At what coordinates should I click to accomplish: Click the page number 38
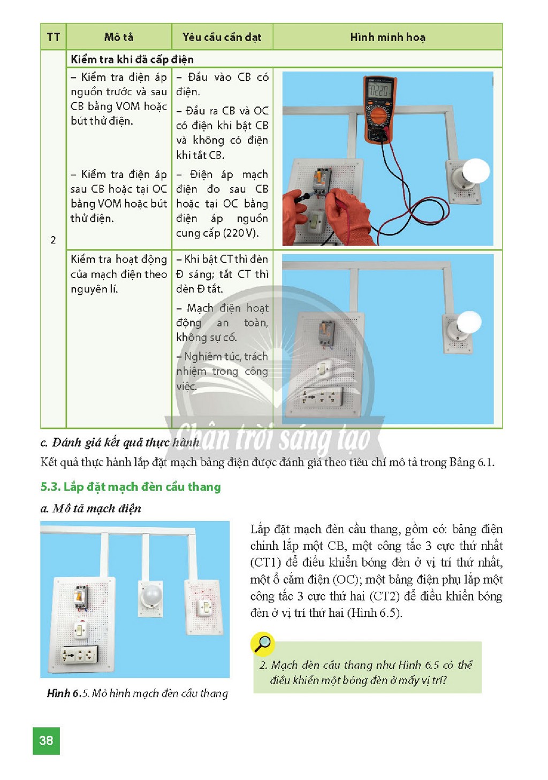click(46, 740)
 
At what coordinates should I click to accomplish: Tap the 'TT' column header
click(54, 37)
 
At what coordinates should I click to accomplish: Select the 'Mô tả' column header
click(119, 37)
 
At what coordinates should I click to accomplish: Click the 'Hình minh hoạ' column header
click(387, 37)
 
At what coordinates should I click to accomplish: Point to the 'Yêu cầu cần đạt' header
click(222, 37)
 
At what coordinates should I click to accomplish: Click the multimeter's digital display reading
click(379, 91)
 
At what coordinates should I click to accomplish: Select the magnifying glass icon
click(262, 644)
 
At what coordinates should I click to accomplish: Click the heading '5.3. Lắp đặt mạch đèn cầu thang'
click(131, 486)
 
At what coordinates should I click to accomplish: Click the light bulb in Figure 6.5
click(151, 596)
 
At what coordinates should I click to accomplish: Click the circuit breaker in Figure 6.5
click(80, 597)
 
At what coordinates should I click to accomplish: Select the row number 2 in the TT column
click(53, 240)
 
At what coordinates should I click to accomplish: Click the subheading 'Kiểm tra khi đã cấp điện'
click(132, 59)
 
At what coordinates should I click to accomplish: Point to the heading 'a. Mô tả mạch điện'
click(91, 508)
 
